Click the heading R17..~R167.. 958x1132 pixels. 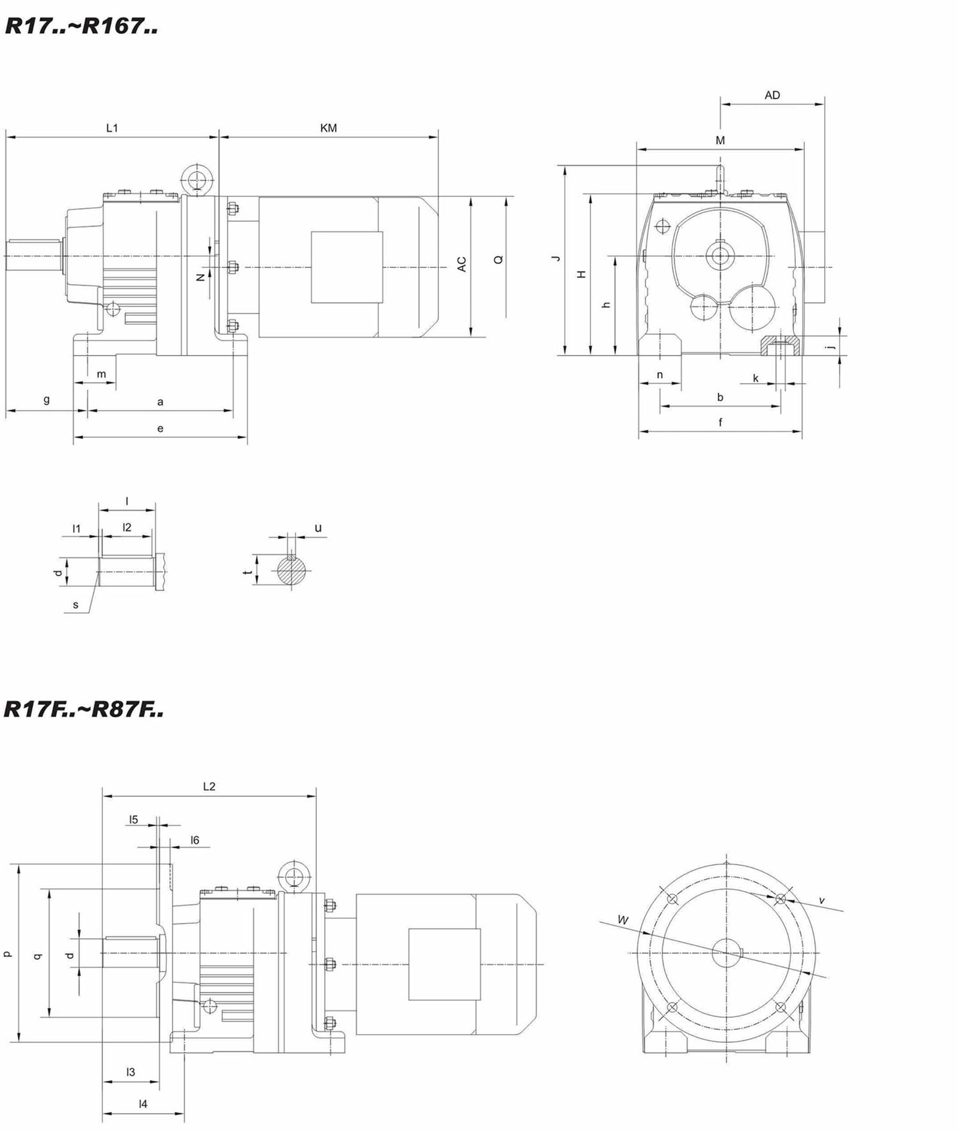[81, 25]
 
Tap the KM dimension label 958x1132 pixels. [328, 128]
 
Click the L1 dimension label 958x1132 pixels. [112, 128]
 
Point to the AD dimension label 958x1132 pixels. [772, 95]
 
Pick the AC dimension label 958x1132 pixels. [462, 264]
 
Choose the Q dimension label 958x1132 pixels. [499, 260]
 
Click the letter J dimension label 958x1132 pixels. [556, 258]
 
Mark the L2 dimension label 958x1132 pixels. [209, 786]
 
